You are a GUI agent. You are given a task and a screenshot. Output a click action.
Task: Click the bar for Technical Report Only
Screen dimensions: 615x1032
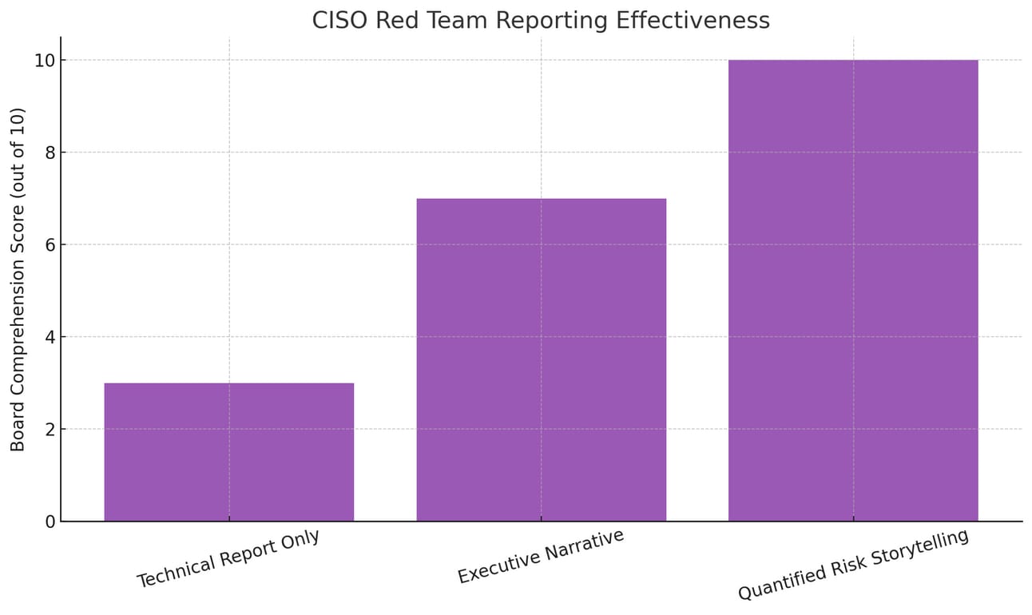(x=229, y=452)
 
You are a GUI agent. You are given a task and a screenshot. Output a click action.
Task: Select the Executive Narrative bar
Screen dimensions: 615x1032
(x=542, y=359)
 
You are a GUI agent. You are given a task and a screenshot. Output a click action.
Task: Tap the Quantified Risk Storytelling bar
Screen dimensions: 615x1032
(x=853, y=291)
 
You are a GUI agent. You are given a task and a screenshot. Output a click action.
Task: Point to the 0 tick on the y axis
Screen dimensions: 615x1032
(x=50, y=522)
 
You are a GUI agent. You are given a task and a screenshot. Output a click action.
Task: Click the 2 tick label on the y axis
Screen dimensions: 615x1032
(x=50, y=430)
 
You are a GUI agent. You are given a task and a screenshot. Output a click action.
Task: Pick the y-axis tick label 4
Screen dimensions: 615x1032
(x=50, y=337)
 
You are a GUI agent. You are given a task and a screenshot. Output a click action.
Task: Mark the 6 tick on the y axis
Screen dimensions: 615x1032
(x=50, y=245)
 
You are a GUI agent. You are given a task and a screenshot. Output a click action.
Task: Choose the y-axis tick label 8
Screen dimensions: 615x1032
(x=50, y=153)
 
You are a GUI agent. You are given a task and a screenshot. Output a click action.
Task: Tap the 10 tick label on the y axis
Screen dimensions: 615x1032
(x=45, y=61)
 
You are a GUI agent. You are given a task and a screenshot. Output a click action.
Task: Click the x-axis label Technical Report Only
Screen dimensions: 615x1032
(x=228, y=558)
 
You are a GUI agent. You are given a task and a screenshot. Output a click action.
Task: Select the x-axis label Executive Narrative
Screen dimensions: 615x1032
(x=541, y=557)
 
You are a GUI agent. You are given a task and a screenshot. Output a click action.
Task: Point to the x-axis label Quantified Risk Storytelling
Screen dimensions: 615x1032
(x=853, y=564)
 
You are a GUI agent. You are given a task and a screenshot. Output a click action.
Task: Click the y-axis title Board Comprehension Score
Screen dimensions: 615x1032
(x=18, y=280)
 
